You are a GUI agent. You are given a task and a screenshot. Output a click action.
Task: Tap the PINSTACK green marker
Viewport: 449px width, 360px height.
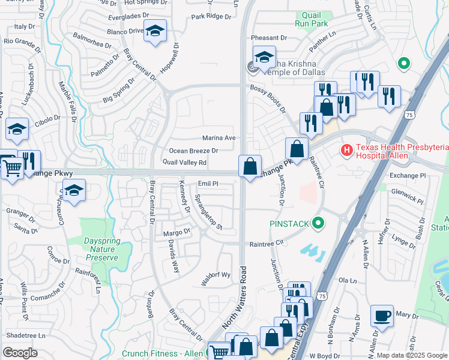click(x=319, y=224)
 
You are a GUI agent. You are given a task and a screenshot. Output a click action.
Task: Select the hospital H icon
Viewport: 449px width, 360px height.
click(x=346, y=149)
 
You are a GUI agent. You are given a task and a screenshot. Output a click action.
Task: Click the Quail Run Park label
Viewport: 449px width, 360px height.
click(x=310, y=19)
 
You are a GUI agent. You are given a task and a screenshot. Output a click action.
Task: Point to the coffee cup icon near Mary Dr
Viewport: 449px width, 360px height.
click(x=382, y=316)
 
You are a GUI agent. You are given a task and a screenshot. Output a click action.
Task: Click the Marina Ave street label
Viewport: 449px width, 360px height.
click(x=218, y=138)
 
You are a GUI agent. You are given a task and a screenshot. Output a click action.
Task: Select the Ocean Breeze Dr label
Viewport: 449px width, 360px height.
click(x=193, y=151)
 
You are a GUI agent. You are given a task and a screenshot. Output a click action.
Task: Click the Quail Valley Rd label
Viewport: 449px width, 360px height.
click(x=184, y=163)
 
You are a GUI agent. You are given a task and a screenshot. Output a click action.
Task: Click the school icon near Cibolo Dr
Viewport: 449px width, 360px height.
click(x=17, y=129)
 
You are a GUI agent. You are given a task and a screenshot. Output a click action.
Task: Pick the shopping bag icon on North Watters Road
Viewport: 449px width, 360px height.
click(x=250, y=166)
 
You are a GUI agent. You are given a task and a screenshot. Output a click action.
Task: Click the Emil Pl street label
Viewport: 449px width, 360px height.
click(x=207, y=184)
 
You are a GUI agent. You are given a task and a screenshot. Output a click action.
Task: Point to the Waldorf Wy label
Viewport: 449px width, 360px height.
click(x=215, y=275)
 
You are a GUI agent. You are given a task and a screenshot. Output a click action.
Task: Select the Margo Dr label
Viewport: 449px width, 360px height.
click(x=177, y=230)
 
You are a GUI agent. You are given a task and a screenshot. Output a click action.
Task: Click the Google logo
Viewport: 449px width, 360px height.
click(x=20, y=353)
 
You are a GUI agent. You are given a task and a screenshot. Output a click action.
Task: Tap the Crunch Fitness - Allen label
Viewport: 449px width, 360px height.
click(x=162, y=353)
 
